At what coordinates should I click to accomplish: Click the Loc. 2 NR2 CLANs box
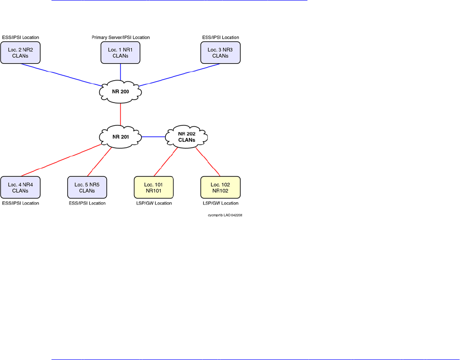20,52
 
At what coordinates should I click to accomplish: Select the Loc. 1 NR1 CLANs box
121,52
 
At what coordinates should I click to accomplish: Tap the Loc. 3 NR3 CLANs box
220,52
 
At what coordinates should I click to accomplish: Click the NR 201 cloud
121,137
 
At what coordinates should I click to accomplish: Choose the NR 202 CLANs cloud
187,137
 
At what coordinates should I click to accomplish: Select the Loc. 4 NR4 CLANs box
20,187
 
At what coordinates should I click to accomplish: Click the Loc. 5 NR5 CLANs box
87,187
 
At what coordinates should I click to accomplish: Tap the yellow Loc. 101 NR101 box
153,187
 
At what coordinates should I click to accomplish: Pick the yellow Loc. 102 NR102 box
220,187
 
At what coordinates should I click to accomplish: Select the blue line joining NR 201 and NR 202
154,137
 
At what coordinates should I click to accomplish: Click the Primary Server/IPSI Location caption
121,37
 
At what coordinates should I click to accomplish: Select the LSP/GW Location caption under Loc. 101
153,203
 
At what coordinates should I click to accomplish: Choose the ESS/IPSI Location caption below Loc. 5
87,203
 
